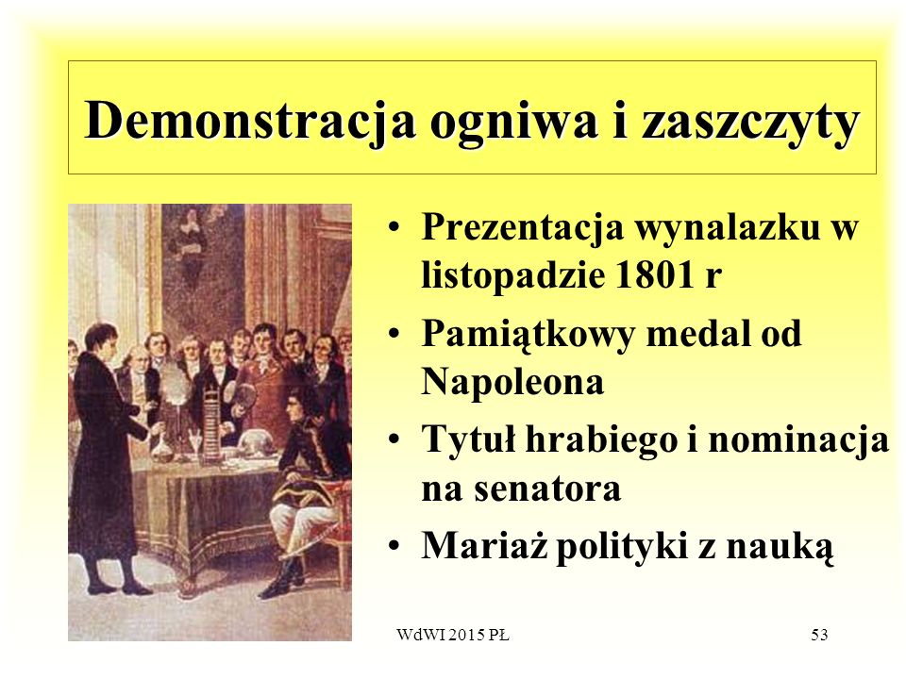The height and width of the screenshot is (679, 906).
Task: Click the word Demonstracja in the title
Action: (x=249, y=119)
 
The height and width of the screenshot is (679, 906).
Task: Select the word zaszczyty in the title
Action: (x=750, y=124)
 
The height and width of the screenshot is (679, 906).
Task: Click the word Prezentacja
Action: (x=522, y=226)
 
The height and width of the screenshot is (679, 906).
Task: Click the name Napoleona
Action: (x=512, y=382)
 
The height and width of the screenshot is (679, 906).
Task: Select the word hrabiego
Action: (x=601, y=440)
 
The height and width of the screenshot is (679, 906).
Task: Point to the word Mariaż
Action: (x=484, y=545)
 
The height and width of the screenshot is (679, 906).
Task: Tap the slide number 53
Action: (x=819, y=635)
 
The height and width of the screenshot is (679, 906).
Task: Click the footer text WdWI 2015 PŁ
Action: (x=452, y=635)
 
